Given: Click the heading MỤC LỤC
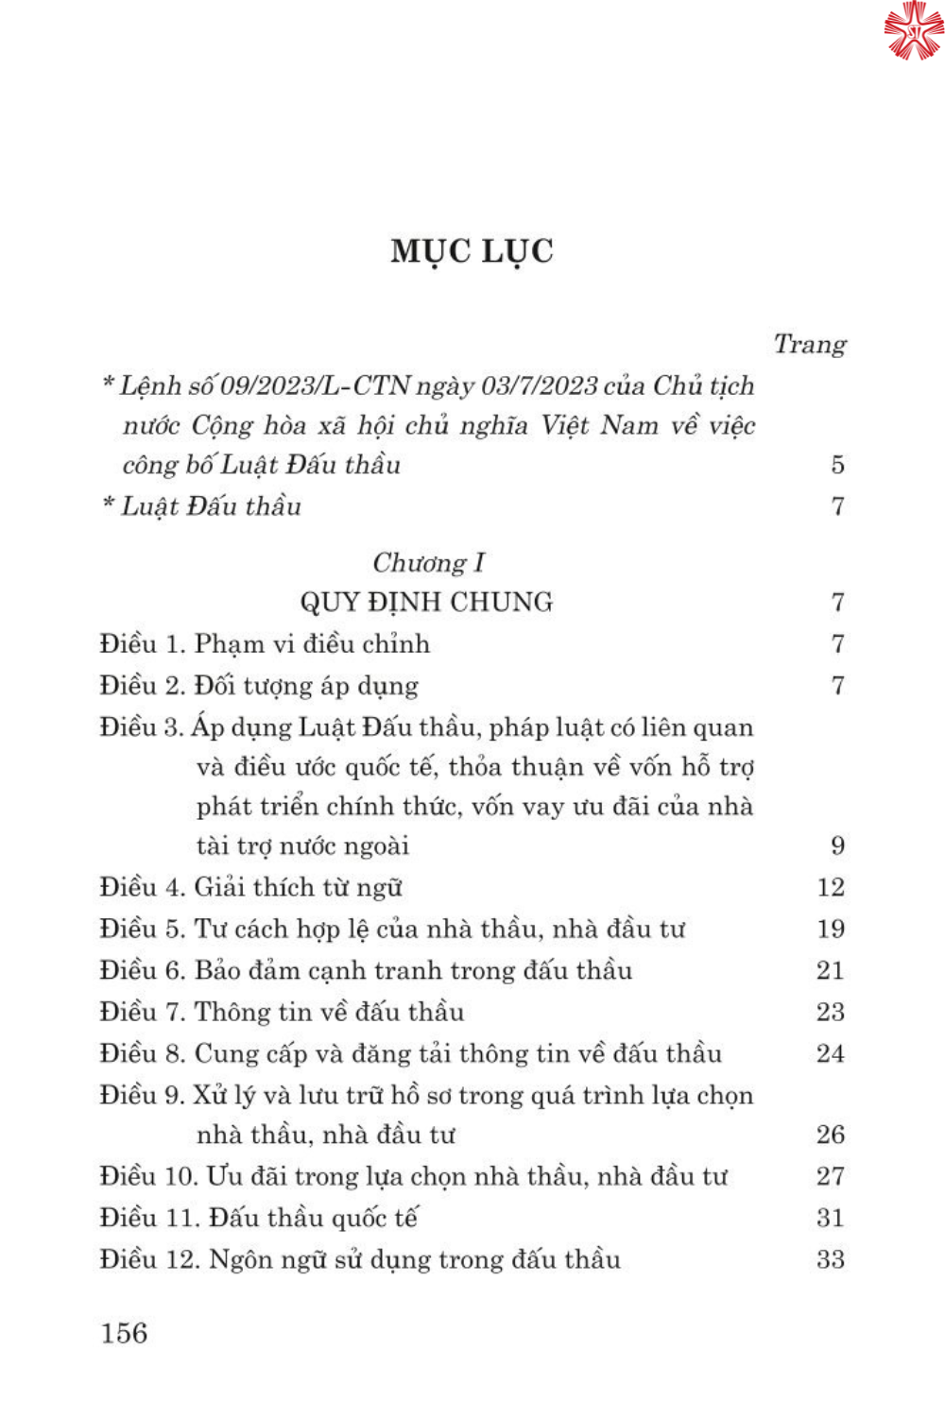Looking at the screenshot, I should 472,251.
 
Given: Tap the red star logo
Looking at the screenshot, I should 913,30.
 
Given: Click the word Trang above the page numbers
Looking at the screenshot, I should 810,344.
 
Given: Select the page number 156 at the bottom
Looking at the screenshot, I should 124,1333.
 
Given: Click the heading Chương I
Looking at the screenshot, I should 428,563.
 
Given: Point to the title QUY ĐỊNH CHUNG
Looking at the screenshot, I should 426,603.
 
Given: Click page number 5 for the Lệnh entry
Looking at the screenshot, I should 837,465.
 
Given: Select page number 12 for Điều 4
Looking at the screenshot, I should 831,887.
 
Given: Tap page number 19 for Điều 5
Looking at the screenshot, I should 831,929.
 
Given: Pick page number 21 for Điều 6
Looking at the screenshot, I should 831,970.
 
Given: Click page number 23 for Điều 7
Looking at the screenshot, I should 831,1012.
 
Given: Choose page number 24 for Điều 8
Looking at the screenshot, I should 831,1053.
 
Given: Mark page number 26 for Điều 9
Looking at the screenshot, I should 831,1135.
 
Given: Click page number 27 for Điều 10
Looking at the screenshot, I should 831,1176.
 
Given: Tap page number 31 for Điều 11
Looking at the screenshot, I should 831,1218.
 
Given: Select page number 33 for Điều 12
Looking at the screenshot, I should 831,1259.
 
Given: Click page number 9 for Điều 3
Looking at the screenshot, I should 837,845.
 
